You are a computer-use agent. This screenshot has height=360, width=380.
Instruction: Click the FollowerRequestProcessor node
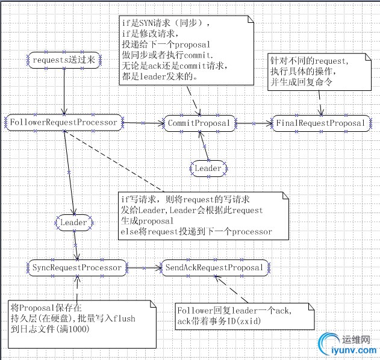click(63, 122)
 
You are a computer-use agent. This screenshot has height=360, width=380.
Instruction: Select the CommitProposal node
click(199, 123)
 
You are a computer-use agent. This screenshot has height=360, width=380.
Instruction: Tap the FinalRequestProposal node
click(321, 123)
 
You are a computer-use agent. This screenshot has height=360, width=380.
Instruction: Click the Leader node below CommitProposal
click(208, 168)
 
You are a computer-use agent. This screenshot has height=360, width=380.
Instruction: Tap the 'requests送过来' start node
click(63, 60)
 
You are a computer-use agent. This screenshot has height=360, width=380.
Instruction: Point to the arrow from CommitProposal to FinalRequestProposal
click(254, 123)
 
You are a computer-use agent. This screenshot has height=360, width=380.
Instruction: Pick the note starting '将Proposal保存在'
click(78, 318)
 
